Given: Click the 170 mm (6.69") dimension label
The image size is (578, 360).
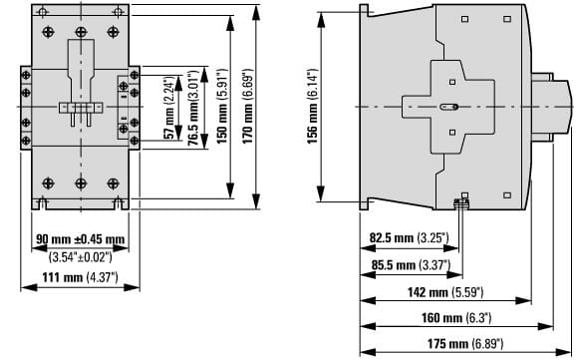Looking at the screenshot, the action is point(248,107).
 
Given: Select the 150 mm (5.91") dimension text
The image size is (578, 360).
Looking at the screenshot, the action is point(222,107).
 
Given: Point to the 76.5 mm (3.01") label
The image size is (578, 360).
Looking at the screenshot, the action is point(193,107).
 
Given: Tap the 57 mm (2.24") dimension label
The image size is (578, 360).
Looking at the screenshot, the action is point(168,108).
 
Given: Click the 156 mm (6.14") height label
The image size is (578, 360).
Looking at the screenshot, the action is point(312,107).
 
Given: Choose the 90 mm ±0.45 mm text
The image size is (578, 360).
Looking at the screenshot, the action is point(81,239).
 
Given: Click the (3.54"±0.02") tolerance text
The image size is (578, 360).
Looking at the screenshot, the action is point(81,256).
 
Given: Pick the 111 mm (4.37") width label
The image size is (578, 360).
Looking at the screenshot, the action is point(80,277).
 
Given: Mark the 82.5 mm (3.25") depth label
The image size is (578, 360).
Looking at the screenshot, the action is point(410,237).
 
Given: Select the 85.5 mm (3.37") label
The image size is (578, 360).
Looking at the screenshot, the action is point(411,265).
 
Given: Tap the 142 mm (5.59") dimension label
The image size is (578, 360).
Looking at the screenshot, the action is point(445,292).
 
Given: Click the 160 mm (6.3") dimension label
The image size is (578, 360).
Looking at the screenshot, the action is point(456,317).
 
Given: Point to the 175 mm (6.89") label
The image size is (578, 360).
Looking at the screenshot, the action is point(465,344).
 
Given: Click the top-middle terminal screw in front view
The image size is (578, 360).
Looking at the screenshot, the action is point(81,32).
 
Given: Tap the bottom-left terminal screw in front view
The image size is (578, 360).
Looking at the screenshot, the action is point(48,182).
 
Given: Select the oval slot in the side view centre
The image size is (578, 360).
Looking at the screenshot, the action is point(449,107).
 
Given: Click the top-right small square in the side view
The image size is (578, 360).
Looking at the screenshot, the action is point(507,19).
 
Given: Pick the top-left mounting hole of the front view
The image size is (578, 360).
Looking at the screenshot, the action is point(43,12).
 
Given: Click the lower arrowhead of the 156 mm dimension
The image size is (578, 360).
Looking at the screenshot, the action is point(321,194).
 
